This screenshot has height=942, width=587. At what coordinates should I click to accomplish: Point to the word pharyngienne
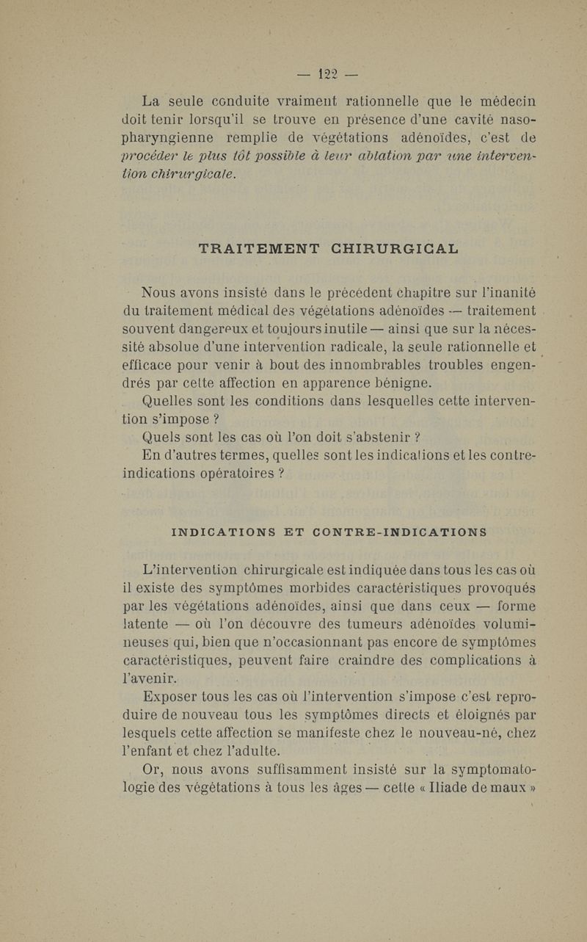tap(168, 139)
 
